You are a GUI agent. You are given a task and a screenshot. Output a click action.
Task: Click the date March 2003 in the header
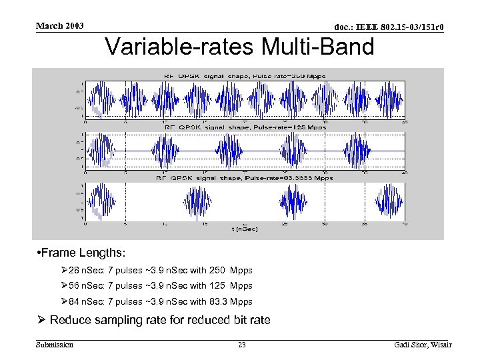pos(60,25)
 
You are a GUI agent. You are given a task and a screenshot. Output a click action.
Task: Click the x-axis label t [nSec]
pos(245,229)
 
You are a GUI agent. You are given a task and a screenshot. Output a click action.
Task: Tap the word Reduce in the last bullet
pos(71,320)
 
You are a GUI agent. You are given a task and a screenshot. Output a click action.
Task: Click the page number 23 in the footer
pos(242,345)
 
